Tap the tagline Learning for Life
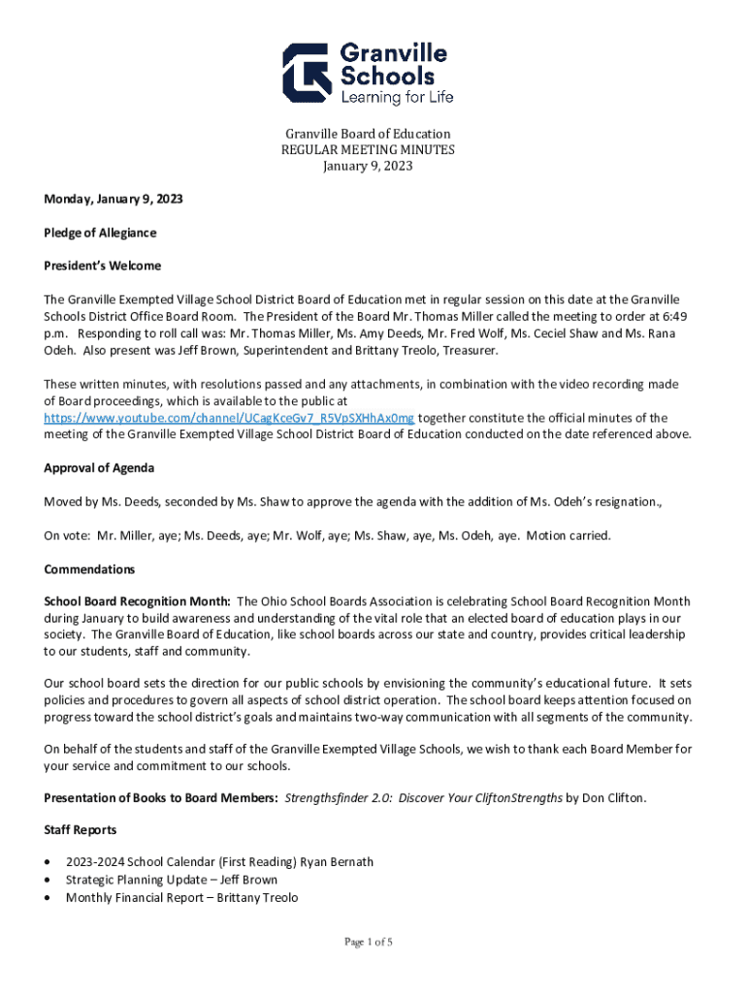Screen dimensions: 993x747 pos(396,97)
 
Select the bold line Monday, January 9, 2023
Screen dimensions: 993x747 pos(114,200)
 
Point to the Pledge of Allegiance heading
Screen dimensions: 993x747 pos(100,233)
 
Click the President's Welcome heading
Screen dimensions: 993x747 pos(102,265)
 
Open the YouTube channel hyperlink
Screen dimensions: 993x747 pos(229,418)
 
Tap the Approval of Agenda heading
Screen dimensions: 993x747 pos(99,468)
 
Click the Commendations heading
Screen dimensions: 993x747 pos(89,569)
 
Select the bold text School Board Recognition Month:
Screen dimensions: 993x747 pos(137,601)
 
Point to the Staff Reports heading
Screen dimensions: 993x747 pos(81,830)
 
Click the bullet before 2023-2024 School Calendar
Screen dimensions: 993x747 pos(49,862)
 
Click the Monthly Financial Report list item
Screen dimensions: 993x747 pos(181,898)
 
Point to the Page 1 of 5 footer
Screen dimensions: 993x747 pos(369,942)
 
